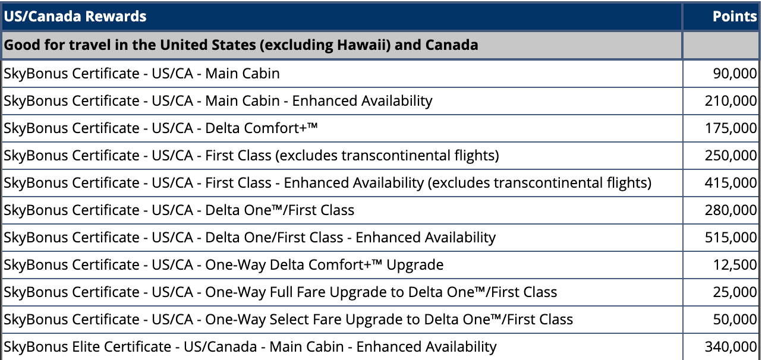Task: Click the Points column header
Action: coord(735,16)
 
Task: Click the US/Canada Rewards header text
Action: coord(75,16)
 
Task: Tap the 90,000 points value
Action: coord(735,74)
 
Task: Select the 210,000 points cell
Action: coord(730,101)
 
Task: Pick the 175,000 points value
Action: coord(730,128)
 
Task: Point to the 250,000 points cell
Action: coord(730,156)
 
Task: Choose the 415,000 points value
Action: coord(730,183)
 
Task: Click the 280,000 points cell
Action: coord(730,210)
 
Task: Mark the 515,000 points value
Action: coord(730,237)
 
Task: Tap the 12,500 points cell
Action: coord(735,265)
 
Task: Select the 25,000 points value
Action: coord(735,292)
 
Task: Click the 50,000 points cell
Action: coord(735,320)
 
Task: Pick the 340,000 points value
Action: coord(730,347)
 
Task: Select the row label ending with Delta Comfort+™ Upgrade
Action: coord(223,265)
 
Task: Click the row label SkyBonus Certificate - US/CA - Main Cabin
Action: coord(141,74)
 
